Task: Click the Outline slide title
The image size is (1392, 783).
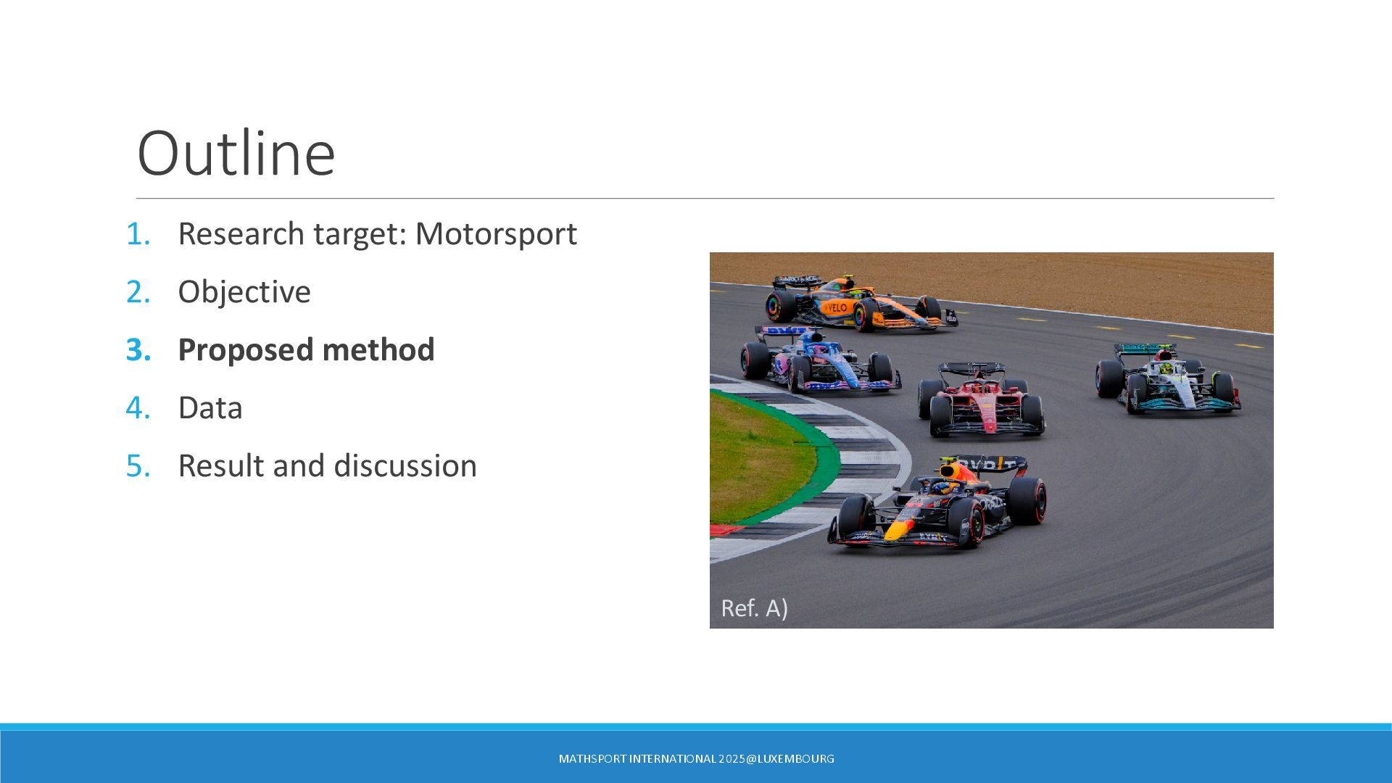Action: coord(236,153)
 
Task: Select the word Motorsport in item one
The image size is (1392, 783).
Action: coord(496,233)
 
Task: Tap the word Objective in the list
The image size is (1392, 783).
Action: coord(244,292)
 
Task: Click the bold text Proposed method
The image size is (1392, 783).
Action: coord(306,349)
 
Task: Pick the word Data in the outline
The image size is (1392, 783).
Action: coord(210,407)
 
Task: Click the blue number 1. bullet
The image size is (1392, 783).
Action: coord(138,234)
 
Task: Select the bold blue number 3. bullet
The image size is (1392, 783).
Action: coord(138,350)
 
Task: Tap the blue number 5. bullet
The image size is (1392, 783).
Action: coord(138,466)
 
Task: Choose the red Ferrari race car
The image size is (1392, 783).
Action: coord(982,401)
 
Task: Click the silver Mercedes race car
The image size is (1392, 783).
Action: coord(1168,379)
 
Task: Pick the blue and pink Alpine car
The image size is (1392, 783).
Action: coord(819,360)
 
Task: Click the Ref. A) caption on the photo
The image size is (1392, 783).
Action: coord(754,608)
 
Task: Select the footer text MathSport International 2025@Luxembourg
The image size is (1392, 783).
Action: coord(696,758)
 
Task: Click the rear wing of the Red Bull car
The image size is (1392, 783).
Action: coord(990,464)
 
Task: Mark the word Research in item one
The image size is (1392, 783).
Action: coord(241,233)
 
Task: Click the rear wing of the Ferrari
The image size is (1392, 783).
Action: coord(971,369)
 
